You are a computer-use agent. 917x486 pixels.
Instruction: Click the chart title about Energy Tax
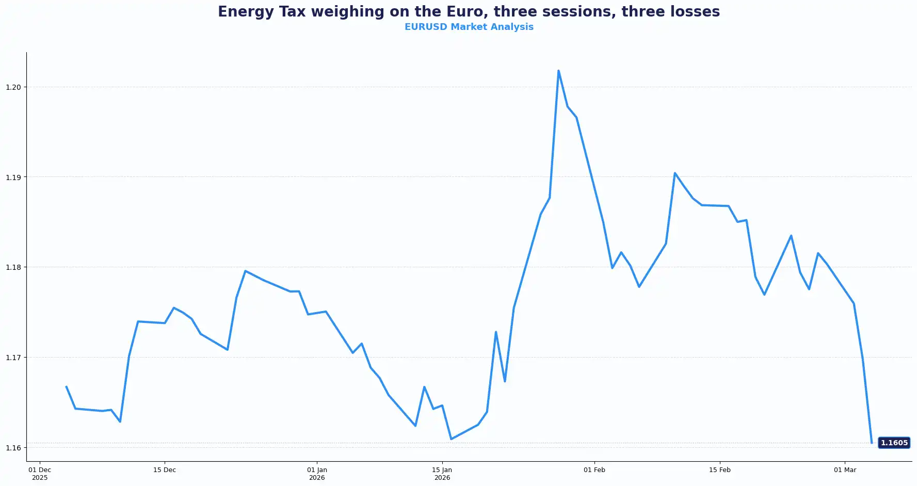469,12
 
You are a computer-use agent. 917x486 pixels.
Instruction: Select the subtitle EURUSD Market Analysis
469,27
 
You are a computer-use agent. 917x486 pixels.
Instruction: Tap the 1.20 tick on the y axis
13,87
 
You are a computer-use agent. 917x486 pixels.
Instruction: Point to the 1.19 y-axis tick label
13,177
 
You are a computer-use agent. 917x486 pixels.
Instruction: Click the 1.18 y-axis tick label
13,267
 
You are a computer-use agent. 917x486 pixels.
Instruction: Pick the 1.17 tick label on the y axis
13,358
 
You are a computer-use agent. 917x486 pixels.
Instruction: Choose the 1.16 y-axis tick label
13,448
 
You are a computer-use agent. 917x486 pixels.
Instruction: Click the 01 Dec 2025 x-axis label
40,474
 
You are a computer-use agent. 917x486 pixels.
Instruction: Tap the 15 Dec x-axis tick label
165,470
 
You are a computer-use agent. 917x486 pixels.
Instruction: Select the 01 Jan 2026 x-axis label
317,474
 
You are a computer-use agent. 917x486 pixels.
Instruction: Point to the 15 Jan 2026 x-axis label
442,474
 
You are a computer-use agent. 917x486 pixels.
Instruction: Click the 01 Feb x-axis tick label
594,470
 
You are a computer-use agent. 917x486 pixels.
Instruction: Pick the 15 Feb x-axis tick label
719,470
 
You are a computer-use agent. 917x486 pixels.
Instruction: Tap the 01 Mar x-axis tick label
845,470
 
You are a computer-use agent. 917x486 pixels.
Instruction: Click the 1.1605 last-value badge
894,443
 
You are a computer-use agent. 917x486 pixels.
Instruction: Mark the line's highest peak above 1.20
558,71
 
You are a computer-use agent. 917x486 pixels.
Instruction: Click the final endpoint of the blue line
872,443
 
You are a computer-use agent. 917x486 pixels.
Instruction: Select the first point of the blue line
66,386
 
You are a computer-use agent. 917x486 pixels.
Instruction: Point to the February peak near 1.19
674,173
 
